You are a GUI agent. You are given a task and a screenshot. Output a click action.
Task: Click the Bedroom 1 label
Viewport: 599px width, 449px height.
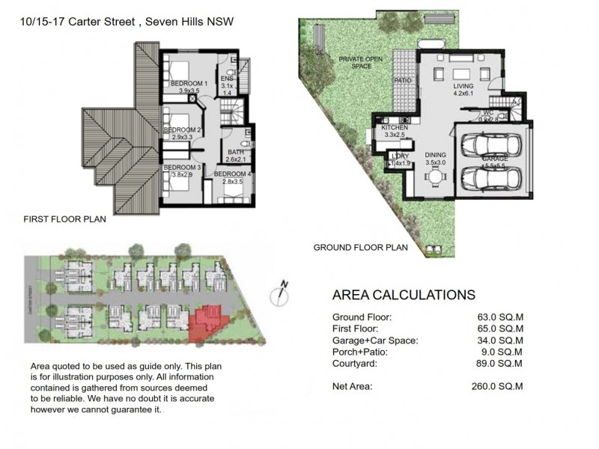[188, 83]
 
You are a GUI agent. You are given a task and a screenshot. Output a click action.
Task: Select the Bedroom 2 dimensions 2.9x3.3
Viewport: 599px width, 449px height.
[183, 138]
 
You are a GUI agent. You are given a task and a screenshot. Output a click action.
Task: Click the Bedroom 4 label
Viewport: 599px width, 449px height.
[234, 174]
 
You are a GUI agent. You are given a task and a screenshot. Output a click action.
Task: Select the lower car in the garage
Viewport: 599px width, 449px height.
[490, 179]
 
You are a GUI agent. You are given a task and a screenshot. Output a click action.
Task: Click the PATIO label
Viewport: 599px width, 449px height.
[404, 80]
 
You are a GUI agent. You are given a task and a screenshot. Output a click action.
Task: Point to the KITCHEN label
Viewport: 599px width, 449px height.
[395, 128]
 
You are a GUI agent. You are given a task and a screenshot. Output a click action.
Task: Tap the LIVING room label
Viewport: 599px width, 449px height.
[463, 86]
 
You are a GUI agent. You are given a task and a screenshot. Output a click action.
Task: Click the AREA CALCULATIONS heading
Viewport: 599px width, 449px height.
[403, 295]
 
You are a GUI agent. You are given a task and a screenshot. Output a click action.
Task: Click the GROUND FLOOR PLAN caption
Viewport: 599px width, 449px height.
[360, 247]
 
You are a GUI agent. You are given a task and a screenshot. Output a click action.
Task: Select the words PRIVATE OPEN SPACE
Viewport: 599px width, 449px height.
[362, 62]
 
